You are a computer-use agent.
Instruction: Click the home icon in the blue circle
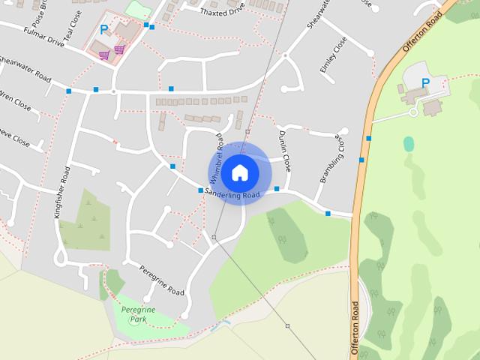tap(240, 172)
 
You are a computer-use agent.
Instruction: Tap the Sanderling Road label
tap(235, 195)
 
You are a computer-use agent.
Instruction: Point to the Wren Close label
tap(15, 100)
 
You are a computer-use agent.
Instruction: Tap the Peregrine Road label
tap(162, 280)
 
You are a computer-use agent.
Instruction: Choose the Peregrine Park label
tap(137, 313)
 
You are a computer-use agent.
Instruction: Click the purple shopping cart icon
tap(119, 49)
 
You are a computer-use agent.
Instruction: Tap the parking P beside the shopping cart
tap(104, 31)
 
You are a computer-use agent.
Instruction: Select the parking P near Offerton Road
tap(425, 82)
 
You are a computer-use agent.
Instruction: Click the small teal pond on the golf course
tap(409, 143)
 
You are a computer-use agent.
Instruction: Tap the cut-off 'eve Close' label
tap(13, 136)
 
